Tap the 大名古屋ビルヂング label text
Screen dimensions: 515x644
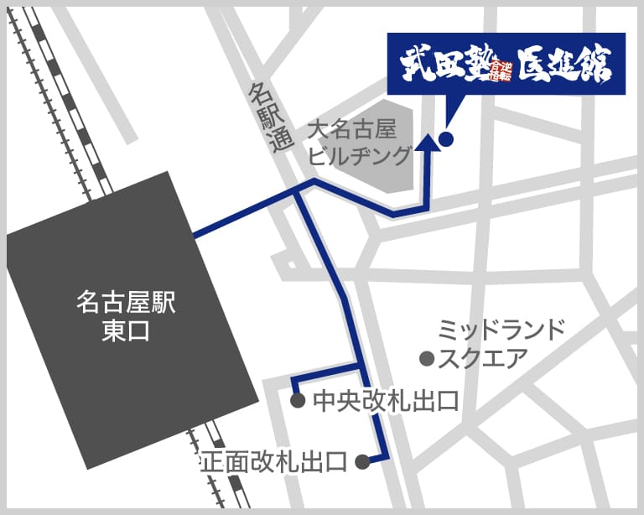pyautogui.click(x=361, y=143)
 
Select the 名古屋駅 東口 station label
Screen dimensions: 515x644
pyautogui.click(x=126, y=317)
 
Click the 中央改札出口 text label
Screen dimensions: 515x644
pyautogui.click(x=386, y=401)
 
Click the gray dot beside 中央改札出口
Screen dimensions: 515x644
pyautogui.click(x=297, y=401)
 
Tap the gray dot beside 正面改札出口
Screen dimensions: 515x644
pyautogui.click(x=362, y=461)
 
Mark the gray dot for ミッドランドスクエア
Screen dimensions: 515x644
pyautogui.click(x=426, y=359)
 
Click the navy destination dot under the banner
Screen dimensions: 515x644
pyautogui.click(x=445, y=139)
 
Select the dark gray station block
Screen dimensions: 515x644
pyautogui.click(x=126, y=319)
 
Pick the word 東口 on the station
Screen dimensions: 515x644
pyautogui.click(x=126, y=332)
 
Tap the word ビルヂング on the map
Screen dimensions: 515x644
pyautogui.click(x=361, y=156)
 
